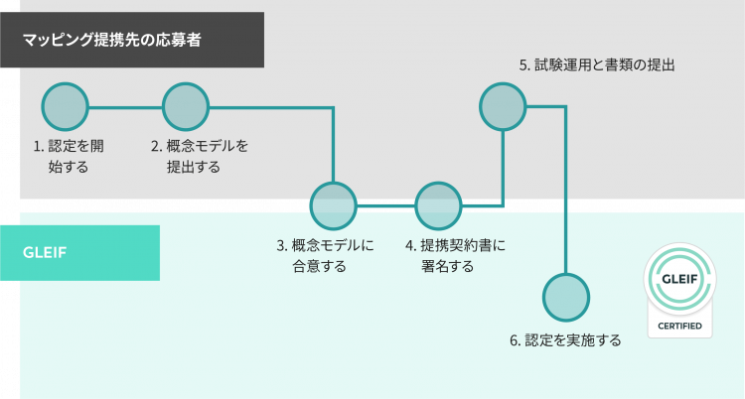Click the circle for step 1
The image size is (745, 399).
pos(66,106)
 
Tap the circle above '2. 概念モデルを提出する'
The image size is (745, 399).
pos(186,106)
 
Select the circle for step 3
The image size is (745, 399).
pos(333,205)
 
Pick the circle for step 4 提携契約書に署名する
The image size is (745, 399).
pos(438,205)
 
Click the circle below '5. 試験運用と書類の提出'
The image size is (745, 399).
pos(503,106)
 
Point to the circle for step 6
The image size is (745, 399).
pos(566,297)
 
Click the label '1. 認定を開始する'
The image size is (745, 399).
pos(69,156)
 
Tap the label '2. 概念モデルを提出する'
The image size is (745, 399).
pos(199,156)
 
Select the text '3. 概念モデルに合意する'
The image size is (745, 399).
pos(325,255)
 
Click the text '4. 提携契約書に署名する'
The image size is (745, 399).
pos(455,255)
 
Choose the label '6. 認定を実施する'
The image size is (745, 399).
pos(565,340)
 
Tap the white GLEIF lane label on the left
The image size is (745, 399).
pos(45,252)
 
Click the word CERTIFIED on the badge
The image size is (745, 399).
pos(680,326)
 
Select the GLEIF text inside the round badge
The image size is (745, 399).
pos(680,278)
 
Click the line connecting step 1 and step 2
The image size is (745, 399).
pos(125,106)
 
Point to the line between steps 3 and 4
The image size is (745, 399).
pos(385,205)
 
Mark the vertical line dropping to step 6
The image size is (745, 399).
pos(566,189)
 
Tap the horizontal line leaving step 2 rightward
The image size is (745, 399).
pos(268,106)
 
